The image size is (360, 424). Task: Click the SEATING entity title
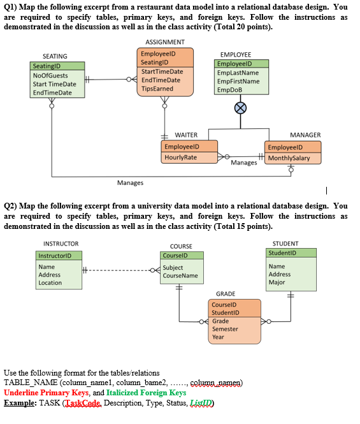54,57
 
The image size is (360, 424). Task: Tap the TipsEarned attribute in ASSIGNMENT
157,89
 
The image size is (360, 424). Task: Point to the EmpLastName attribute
238,73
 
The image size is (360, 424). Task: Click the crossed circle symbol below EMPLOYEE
240,108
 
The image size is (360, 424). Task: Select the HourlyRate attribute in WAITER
180,157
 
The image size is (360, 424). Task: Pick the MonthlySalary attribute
290,157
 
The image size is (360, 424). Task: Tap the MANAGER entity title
305,135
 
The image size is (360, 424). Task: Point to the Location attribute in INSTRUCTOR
50,282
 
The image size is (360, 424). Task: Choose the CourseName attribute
180,275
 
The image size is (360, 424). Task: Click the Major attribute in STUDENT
277,282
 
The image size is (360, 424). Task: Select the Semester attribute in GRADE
224,329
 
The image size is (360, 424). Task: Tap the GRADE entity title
226,294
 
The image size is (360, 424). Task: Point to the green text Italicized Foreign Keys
145,393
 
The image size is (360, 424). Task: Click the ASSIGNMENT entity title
156,42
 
